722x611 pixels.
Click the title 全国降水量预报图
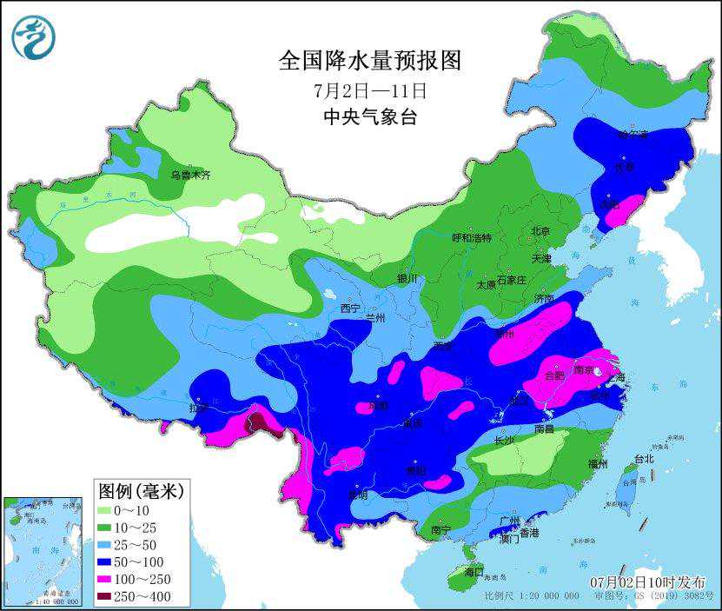[369, 60]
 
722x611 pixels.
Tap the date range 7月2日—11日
[370, 90]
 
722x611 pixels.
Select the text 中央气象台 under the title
[369, 117]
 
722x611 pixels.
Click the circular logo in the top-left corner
[34, 38]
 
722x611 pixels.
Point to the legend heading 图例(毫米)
[140, 491]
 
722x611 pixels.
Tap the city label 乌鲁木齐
[190, 175]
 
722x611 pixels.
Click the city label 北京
[540, 231]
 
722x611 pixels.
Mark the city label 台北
[643, 458]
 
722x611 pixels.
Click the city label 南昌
[545, 428]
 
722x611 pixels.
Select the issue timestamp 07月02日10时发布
[647, 581]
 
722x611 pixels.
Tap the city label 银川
[407, 279]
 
